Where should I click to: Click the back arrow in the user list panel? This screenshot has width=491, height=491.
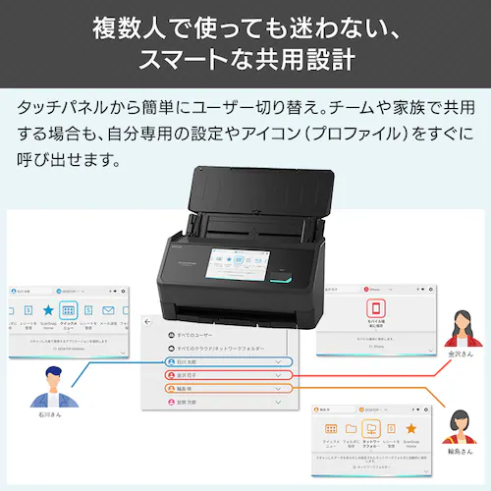tap(148, 321)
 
